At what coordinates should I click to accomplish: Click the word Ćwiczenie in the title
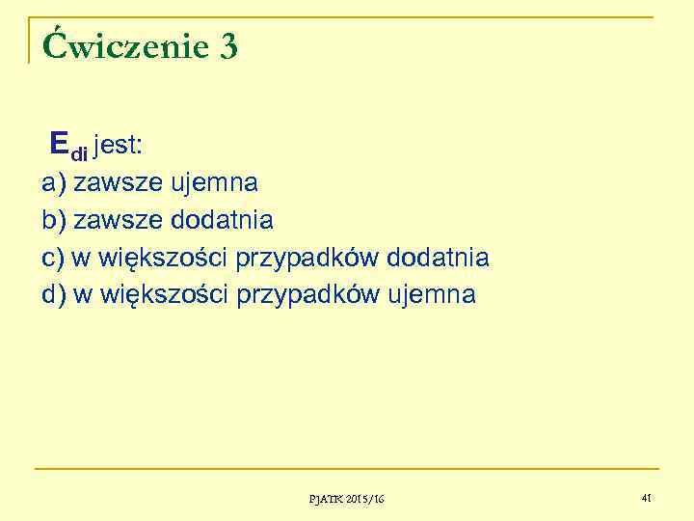[120, 46]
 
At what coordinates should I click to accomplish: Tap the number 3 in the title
[228, 46]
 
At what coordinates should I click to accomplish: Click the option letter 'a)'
[54, 182]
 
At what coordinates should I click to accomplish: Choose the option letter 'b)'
[54, 220]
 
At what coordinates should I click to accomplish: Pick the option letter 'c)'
[53, 258]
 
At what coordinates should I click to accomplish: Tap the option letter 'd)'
[54, 294]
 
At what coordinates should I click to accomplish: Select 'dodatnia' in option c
[438, 258]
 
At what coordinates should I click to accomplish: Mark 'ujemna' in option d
[431, 295]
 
